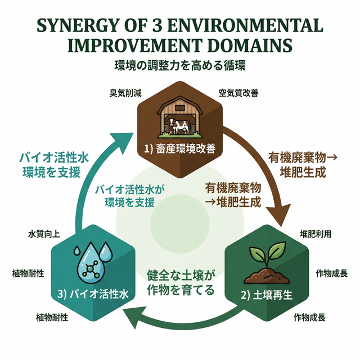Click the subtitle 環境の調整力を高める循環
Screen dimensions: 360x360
(179, 65)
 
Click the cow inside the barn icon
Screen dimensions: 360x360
(181, 126)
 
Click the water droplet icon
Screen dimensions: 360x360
(89, 260)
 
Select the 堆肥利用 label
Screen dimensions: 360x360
(316, 232)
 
